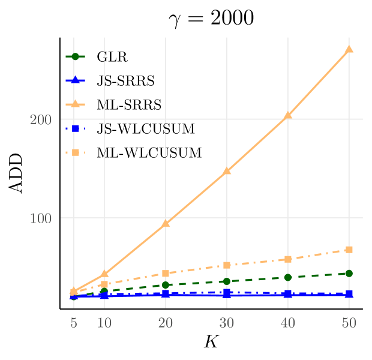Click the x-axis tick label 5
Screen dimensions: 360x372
[74, 323]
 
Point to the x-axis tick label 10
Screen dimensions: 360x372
[104, 323]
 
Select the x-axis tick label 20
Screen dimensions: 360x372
[166, 323]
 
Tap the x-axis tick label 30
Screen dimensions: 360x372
[227, 323]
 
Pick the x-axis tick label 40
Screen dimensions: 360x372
[288, 323]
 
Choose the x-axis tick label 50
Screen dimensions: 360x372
[349, 323]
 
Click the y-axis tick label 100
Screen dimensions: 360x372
[41, 218]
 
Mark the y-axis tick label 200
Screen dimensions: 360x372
[41, 119]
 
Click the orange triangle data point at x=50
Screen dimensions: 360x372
[349, 49]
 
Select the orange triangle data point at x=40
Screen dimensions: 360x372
[288, 115]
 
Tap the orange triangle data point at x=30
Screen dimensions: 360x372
[227, 170]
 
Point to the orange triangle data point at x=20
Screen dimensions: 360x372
[166, 223]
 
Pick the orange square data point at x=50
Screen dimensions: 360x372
[349, 250]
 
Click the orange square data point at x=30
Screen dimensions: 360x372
[227, 265]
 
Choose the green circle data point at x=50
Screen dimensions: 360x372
[349, 274]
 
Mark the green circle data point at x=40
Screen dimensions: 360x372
[288, 277]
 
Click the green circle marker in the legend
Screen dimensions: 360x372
[76, 56]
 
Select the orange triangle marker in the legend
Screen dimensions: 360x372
[76, 104]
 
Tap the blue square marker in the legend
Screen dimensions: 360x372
[76, 128]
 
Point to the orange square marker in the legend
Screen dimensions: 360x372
[76, 152]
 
